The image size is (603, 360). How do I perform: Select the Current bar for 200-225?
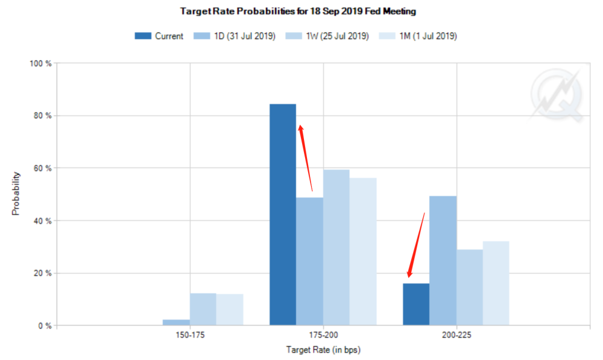[x=416, y=305]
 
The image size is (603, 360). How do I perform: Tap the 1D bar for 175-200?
[x=309, y=262]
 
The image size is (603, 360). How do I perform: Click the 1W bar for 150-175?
[x=203, y=309]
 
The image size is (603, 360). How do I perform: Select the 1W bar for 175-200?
[x=336, y=247]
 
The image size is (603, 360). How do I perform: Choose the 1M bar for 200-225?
[x=496, y=283]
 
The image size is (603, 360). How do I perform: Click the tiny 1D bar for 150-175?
[x=176, y=323]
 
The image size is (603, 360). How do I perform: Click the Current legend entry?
[x=159, y=36]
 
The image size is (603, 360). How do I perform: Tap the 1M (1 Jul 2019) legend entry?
[x=418, y=36]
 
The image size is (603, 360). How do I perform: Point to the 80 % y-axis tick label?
[x=42, y=115]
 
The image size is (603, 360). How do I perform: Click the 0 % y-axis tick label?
[x=44, y=326]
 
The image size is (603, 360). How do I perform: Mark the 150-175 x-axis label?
[x=190, y=336]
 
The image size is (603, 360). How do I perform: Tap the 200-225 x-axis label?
[x=456, y=336]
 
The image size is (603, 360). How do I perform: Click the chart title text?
[x=298, y=11]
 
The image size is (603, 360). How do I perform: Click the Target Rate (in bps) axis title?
[x=323, y=350]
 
